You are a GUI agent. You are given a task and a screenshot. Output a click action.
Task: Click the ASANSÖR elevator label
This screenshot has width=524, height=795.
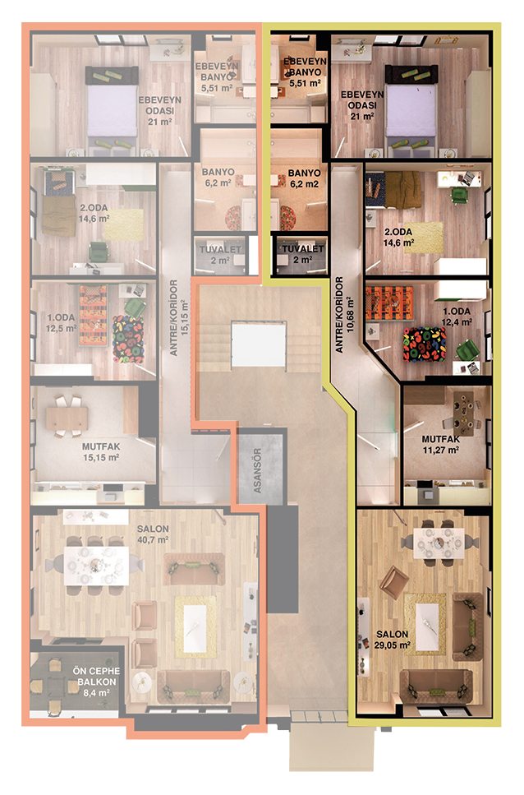(257, 470)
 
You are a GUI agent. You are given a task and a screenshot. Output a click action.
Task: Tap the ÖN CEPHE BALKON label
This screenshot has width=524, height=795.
(97, 682)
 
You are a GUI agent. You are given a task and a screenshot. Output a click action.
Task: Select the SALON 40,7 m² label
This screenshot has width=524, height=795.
(153, 534)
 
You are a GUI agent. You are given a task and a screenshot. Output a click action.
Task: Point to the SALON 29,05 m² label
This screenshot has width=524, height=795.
(393, 640)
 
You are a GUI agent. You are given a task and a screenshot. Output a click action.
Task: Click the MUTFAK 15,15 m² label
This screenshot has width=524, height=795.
(101, 452)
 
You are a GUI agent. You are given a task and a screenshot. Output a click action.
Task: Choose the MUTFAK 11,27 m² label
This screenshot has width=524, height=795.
(441, 444)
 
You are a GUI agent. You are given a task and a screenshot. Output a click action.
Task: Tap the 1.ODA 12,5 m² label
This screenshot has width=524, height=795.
(62, 322)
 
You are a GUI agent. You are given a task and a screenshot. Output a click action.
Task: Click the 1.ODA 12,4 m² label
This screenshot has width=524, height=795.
(457, 317)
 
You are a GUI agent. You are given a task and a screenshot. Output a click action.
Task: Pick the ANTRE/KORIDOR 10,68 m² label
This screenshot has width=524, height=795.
(344, 314)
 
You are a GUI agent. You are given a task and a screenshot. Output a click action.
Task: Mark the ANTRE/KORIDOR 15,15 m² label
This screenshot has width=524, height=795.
(179, 317)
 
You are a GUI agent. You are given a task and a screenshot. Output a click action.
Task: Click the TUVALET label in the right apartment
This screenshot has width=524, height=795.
(303, 249)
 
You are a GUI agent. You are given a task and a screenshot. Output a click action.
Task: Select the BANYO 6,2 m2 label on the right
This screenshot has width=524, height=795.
(304, 178)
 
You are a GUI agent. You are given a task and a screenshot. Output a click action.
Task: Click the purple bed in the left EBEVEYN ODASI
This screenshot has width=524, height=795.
(112, 110)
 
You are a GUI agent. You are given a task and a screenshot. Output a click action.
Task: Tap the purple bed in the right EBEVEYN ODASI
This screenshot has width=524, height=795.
(411, 108)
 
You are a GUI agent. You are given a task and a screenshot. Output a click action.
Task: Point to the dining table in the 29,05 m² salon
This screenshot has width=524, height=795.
(439, 543)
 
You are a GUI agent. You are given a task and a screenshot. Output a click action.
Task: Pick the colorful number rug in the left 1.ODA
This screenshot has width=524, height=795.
(128, 340)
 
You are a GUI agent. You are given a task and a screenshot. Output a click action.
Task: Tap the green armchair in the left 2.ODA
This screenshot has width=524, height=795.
(99, 252)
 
